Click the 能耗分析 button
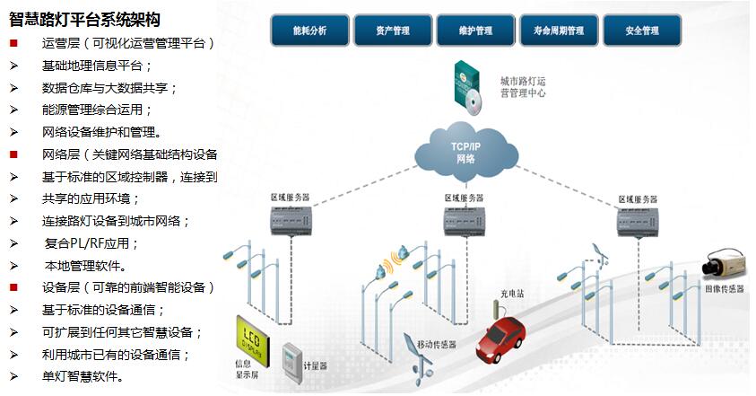[x=309, y=31]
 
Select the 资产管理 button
[x=393, y=31]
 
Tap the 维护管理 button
[x=476, y=31]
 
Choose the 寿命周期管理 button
[x=559, y=31]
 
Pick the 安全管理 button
[x=642, y=31]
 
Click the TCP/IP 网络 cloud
[x=465, y=150]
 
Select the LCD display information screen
[x=252, y=334]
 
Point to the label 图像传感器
[x=725, y=289]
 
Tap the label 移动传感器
[x=437, y=344]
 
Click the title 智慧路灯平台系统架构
[x=85, y=19]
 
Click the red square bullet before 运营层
[x=13, y=43]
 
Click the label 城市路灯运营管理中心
[x=522, y=87]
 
